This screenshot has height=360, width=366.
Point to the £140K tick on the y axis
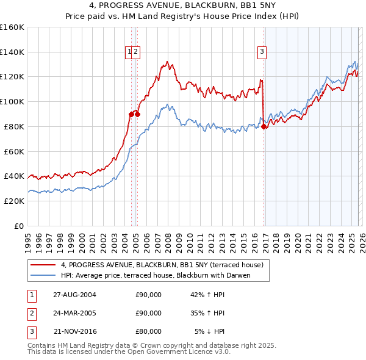[x=12, y=52]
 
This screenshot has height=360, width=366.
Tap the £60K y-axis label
[x=14, y=151]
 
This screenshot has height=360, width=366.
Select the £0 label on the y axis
[x=20, y=226]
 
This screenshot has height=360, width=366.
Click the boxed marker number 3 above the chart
[x=262, y=52]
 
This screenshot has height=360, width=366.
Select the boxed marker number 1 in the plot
[x=130, y=52]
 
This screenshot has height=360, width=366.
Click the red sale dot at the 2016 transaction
[x=264, y=127]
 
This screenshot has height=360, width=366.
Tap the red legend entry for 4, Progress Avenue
[x=162, y=265]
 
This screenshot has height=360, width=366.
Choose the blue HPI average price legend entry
[x=164, y=275]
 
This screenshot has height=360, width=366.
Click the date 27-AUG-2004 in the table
[x=74, y=295]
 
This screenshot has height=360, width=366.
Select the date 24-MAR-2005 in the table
[x=74, y=313]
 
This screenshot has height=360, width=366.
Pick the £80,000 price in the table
[x=148, y=331]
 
